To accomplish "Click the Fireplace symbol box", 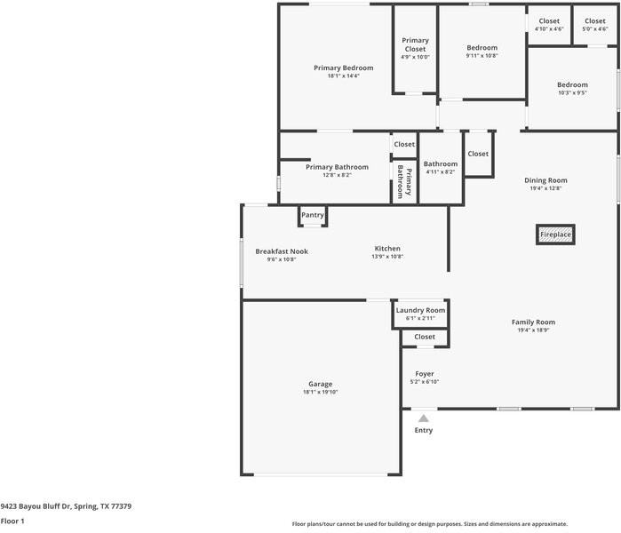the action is [x=555, y=235].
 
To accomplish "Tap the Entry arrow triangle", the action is [x=424, y=418].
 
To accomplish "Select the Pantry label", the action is [x=313, y=215].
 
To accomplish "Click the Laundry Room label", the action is [x=420, y=310].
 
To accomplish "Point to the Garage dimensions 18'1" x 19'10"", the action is [x=321, y=392].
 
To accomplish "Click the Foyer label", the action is [x=425, y=374].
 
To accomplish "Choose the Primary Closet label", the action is [x=415, y=44].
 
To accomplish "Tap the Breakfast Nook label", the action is [x=282, y=251].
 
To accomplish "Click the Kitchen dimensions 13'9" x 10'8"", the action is [x=387, y=257].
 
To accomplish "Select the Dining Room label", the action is [x=545, y=180].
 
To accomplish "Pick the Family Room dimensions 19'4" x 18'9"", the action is [x=533, y=330].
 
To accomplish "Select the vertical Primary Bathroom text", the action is [x=404, y=182].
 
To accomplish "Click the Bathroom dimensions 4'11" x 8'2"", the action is [x=441, y=171].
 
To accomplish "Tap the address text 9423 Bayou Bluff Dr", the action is [x=36, y=506].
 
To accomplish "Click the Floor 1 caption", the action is [x=12, y=521].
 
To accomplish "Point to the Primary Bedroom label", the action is [x=344, y=68].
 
